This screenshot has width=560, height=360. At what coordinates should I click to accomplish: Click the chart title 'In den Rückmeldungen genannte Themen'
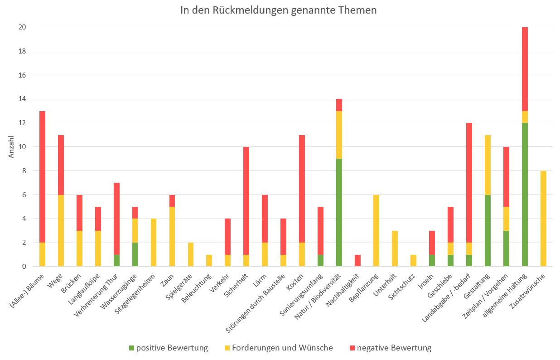(278, 10)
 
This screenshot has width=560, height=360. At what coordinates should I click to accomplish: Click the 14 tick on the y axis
(22, 99)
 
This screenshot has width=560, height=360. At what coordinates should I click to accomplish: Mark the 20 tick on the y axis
(22, 27)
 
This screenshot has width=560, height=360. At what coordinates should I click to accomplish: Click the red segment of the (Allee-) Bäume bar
(42, 177)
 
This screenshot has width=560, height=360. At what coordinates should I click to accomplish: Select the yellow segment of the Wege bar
(61, 230)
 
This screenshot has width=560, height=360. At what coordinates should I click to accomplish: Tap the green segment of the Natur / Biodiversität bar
(339, 212)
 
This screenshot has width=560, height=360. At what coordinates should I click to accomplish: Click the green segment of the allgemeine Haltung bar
(525, 195)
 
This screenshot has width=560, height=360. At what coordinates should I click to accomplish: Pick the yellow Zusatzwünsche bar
(544, 219)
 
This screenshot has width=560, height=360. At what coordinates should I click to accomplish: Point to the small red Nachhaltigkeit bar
(358, 261)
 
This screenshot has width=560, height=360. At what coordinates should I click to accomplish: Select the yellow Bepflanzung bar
(377, 230)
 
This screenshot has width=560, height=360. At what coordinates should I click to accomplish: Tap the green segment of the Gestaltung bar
(488, 230)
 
